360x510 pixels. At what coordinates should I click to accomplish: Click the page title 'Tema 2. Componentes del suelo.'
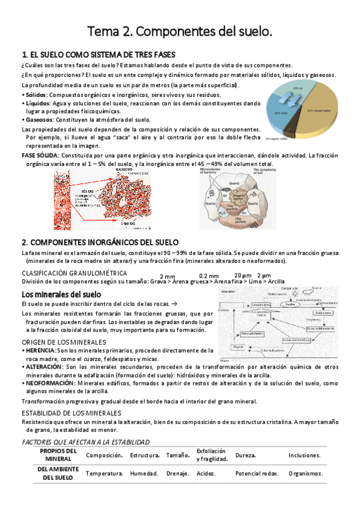[x=180, y=31]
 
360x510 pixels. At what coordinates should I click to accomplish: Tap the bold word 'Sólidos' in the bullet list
[x=35, y=95]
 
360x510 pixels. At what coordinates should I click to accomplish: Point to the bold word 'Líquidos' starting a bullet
[x=36, y=103]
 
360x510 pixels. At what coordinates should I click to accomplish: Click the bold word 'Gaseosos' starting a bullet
[x=38, y=120]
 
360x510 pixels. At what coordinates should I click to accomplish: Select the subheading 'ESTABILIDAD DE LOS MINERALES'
[x=71, y=413]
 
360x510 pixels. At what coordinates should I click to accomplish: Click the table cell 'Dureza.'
[x=246, y=455]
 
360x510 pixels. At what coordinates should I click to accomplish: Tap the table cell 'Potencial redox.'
[x=257, y=473]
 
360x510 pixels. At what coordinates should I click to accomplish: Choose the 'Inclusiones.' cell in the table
[x=304, y=455]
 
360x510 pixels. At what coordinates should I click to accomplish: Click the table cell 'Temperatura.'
[x=105, y=473]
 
